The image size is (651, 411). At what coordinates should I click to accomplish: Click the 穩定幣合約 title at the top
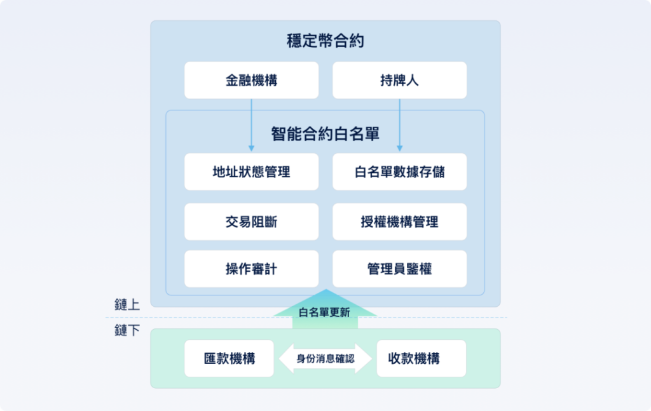tap(325, 41)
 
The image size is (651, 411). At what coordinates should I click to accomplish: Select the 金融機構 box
tap(252, 80)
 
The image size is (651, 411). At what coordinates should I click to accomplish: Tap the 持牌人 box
tap(399, 80)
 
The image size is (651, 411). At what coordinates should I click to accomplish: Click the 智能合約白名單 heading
tap(325, 133)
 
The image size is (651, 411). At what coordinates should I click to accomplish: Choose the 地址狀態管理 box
tap(252, 172)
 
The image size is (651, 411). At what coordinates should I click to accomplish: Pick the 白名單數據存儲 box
tap(399, 172)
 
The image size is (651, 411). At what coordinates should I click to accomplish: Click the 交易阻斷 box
tap(252, 222)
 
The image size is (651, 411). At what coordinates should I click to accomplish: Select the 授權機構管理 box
tap(399, 222)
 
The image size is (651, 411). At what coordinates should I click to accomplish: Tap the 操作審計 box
tap(252, 269)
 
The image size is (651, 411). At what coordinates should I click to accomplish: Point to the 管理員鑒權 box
tap(399, 269)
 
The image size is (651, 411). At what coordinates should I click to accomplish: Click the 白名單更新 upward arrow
tap(325, 309)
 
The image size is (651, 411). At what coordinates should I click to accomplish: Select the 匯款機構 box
tap(229, 358)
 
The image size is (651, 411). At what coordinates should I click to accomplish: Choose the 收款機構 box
tap(421, 358)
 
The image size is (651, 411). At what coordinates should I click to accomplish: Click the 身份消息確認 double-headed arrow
tap(325, 358)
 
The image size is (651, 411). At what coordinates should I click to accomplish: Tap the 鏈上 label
tap(127, 305)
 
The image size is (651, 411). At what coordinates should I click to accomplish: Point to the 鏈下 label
tap(127, 330)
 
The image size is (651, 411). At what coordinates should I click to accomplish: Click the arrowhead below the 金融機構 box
tap(251, 148)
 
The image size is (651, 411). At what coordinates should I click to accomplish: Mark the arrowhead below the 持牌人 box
tap(399, 148)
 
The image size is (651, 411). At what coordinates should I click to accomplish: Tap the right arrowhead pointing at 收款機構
tap(364, 358)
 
